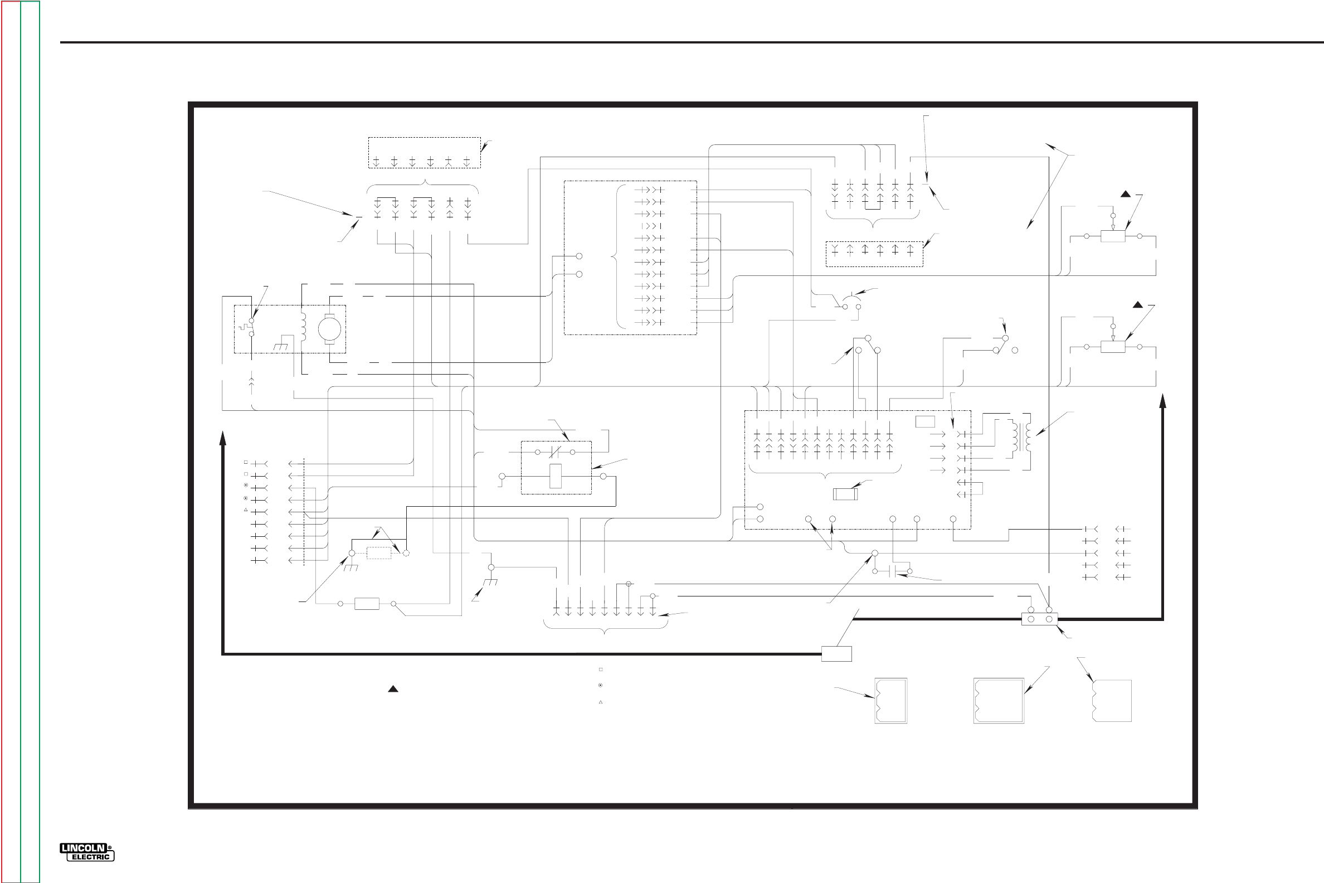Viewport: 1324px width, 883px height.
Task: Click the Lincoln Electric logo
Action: [x=87, y=852]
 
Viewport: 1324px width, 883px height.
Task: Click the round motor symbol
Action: [x=329, y=328]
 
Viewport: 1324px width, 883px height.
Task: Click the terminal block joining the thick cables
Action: [x=1039, y=619]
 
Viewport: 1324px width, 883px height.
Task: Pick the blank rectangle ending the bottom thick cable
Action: [x=836, y=654]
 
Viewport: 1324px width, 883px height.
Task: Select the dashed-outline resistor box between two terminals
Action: [x=378, y=553]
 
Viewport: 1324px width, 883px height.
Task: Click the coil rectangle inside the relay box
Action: [x=555, y=476]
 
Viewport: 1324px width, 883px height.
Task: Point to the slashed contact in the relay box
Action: [x=555, y=452]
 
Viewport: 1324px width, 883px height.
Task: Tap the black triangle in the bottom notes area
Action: [x=393, y=689]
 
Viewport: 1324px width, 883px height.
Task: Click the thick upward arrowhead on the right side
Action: [x=1162, y=401]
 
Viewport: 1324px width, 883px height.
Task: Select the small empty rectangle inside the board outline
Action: [x=925, y=421]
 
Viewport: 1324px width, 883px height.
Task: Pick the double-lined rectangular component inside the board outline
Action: [x=845, y=494]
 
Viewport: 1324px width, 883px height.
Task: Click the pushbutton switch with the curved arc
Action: [x=851, y=303]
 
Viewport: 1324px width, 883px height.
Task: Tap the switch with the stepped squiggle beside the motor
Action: [x=246, y=327]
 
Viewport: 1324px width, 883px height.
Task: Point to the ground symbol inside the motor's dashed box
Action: [x=281, y=346]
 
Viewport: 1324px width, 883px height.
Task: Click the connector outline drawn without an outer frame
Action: [x=1111, y=701]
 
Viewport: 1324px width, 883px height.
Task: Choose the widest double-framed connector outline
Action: [x=998, y=701]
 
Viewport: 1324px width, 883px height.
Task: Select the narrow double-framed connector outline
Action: [x=890, y=701]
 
